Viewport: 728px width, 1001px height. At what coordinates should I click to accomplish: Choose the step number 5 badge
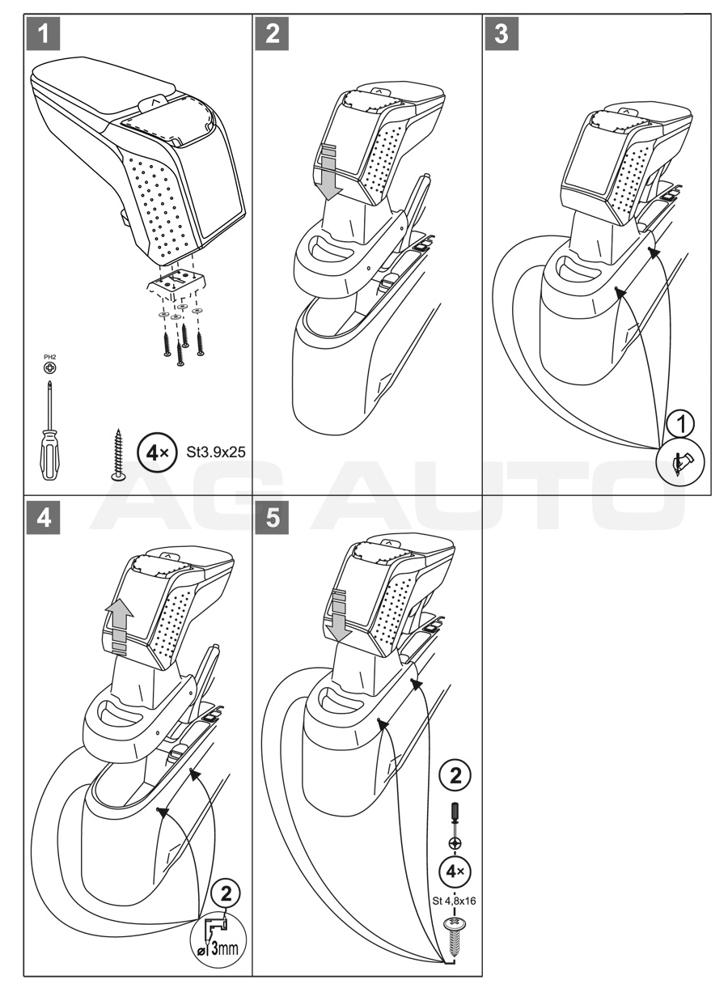click(x=274, y=518)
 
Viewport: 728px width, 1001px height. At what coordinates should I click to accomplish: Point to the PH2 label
click(x=50, y=355)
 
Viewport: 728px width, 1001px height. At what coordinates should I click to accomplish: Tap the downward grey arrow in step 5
click(x=339, y=617)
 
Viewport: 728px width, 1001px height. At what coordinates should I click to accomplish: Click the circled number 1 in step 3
click(x=684, y=422)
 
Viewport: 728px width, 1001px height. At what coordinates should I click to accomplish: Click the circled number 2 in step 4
click(x=226, y=893)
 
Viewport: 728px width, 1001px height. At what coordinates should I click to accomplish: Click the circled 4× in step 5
click(x=455, y=872)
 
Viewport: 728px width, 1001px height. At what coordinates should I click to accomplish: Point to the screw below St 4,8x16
click(x=454, y=934)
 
